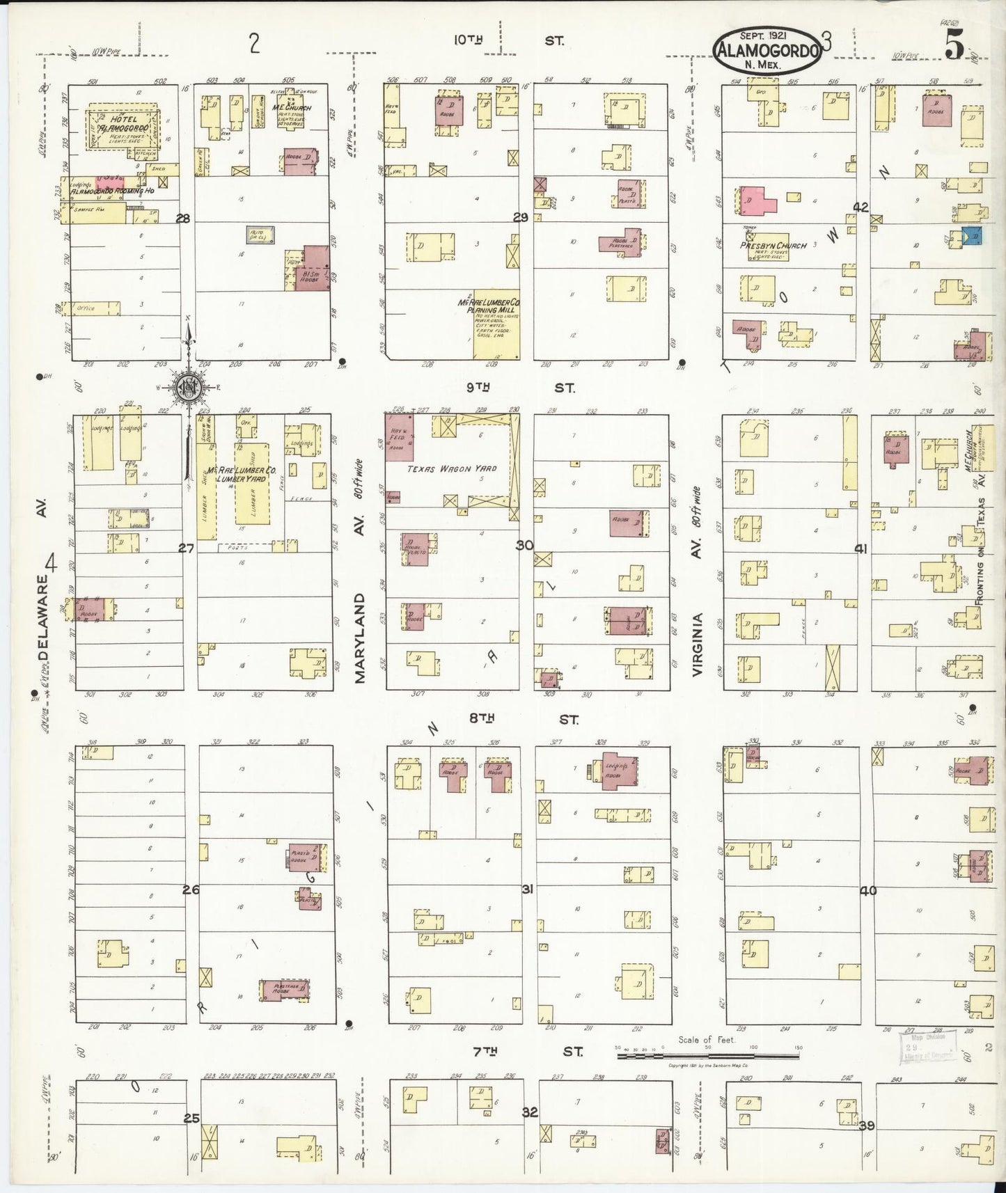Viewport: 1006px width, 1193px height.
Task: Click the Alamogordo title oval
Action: point(766,49)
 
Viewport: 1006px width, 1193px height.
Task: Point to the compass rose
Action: point(187,389)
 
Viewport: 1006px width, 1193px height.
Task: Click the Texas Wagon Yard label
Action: point(452,468)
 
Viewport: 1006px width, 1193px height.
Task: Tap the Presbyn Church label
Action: point(773,246)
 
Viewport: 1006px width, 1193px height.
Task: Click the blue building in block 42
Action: point(972,237)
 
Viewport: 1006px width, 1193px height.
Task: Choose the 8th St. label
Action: point(522,719)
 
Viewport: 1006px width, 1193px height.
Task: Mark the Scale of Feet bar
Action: point(708,1056)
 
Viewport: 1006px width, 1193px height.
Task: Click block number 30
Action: point(524,545)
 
